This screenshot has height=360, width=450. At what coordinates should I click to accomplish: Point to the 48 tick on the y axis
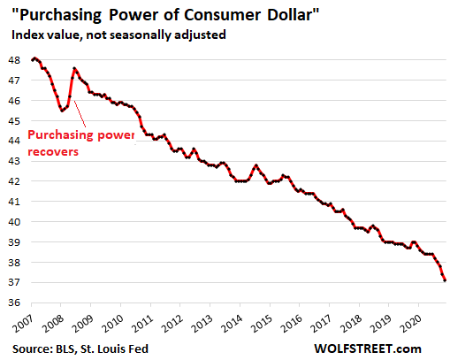[x=16, y=59]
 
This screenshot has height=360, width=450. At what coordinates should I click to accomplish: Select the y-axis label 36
[x=16, y=303]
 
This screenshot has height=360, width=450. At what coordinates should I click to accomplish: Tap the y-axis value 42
[x=16, y=181]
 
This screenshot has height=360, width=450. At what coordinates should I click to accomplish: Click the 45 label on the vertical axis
[x=16, y=120]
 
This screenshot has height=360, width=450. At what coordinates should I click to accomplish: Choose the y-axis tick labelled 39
[x=16, y=242]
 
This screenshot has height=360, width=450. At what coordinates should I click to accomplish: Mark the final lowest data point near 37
[x=444, y=280]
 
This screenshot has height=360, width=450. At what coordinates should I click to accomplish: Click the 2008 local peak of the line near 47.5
[x=74, y=68]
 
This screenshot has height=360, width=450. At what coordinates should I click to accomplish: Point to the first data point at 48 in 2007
[x=34, y=58]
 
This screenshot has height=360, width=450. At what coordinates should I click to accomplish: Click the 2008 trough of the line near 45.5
[x=62, y=111]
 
